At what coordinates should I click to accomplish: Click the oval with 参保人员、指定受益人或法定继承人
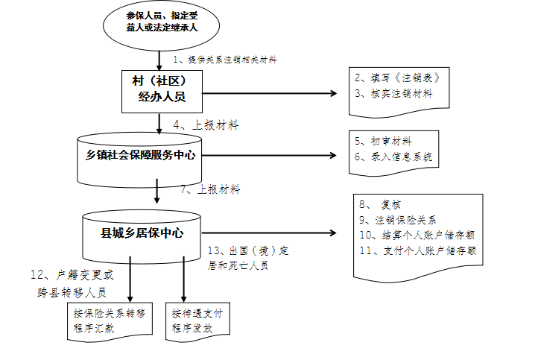click(x=161, y=25)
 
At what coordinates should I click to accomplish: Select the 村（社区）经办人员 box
click(x=162, y=92)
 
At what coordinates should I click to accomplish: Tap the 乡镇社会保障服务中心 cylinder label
click(x=141, y=155)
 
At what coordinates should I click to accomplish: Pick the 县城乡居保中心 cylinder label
click(x=142, y=233)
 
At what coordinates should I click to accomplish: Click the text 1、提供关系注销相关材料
click(x=225, y=60)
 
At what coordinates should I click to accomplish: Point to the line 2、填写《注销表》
click(x=398, y=78)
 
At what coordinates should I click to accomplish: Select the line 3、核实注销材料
click(x=393, y=93)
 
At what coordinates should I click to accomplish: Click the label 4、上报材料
click(x=206, y=125)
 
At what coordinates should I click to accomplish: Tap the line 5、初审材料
click(x=383, y=141)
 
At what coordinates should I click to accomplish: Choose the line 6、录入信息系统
click(x=393, y=157)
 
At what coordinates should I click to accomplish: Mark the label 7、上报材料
click(x=210, y=189)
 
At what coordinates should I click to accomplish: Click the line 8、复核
click(x=380, y=204)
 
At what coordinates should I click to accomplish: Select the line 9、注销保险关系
click(x=398, y=220)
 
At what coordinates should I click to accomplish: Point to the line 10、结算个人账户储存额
click(x=417, y=235)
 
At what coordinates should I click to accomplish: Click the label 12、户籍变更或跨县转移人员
click(x=72, y=283)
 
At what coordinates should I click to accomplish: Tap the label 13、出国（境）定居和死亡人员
click(x=248, y=258)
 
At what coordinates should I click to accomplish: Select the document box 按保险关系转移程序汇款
click(x=110, y=320)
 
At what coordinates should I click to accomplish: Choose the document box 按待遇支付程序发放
click(x=197, y=320)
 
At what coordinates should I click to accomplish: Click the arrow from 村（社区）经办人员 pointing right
click(x=270, y=93)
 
